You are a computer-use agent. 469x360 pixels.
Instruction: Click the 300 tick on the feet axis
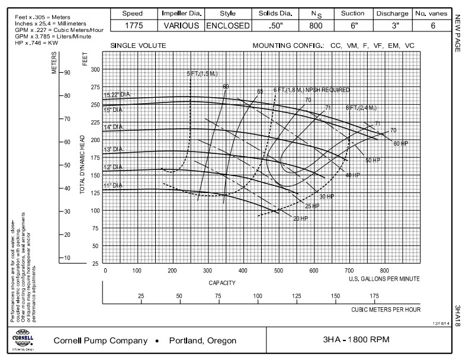(x=95, y=70)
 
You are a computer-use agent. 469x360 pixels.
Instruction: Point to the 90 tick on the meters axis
(x=67, y=72)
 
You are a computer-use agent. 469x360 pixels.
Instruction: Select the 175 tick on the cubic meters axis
(x=375, y=296)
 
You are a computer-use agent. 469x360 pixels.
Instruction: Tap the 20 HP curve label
(x=301, y=218)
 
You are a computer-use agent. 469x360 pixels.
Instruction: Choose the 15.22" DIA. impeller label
(x=117, y=95)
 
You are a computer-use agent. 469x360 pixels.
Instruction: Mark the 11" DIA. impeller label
(x=113, y=186)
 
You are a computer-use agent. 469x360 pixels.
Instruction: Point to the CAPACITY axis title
(x=223, y=282)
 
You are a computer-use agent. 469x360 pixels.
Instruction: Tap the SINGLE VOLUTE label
(x=138, y=46)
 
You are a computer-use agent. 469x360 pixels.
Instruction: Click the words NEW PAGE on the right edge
(x=458, y=35)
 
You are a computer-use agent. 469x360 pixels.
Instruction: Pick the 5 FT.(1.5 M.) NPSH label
(x=198, y=73)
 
